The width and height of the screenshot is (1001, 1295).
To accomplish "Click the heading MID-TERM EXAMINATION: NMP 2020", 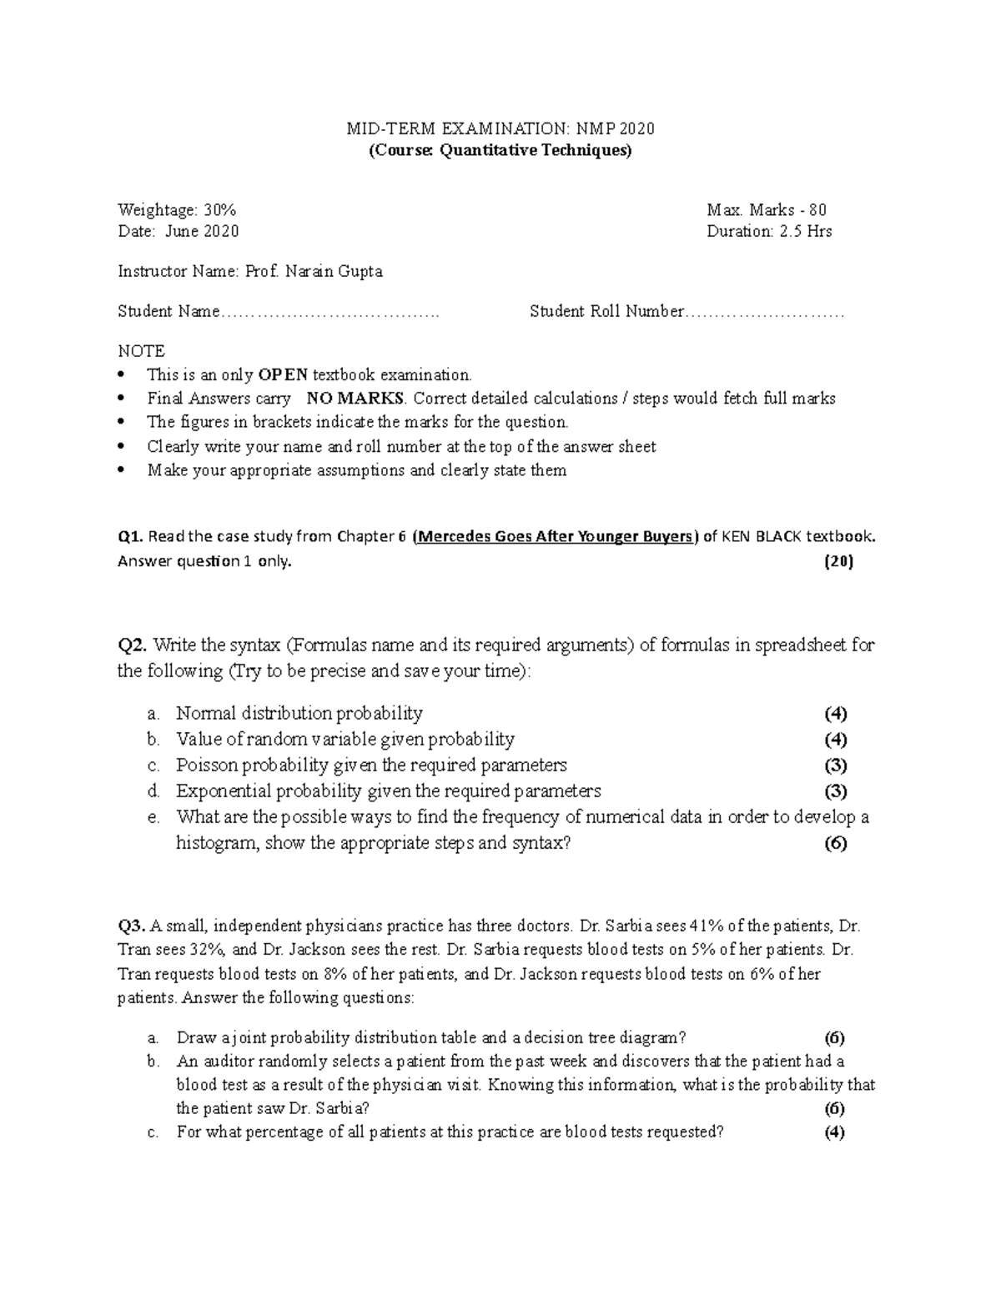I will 500,128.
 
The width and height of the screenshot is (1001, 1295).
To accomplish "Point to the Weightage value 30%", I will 221,210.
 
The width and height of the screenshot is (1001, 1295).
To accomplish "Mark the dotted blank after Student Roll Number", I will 765,313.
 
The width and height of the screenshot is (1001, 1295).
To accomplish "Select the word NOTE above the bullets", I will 141,351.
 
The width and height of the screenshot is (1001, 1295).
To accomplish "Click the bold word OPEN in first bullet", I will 284,375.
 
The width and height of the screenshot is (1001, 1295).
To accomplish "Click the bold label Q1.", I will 131,536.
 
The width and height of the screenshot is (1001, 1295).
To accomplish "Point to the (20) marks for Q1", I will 838,561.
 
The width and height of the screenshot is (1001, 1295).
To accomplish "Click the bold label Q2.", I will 133,645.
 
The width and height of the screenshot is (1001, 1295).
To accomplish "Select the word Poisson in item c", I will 205,765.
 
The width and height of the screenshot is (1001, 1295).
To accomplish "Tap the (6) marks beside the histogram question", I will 835,843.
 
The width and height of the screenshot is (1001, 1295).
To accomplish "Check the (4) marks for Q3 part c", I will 834,1132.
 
